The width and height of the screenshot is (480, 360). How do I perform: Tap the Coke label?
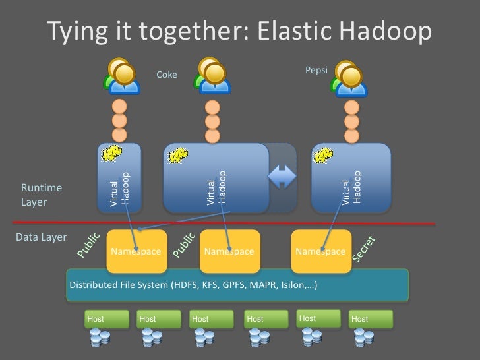coord(167,75)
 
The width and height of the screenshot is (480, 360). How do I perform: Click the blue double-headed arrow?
coord(282,177)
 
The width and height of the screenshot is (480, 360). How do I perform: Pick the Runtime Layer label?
coord(34,195)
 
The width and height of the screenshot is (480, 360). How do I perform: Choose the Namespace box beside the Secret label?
coord(320,251)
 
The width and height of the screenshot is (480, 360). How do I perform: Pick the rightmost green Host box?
coord(371,319)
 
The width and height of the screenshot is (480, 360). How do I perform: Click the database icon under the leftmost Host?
coord(100,340)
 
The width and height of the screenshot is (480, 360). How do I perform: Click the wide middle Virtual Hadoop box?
coord(216,178)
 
